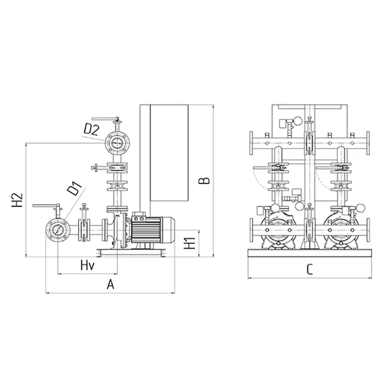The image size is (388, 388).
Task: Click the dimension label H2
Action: pyautogui.click(x=17, y=200)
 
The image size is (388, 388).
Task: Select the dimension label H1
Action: pyautogui.click(x=190, y=243)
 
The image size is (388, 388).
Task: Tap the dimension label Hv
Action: pyautogui.click(x=88, y=265)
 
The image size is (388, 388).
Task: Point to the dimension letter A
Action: pyautogui.click(x=111, y=284)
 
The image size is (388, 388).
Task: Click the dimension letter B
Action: pyautogui.click(x=204, y=180)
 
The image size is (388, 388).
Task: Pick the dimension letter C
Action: pyautogui.click(x=309, y=270)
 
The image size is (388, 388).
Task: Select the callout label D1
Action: pyautogui.click(x=74, y=188)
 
